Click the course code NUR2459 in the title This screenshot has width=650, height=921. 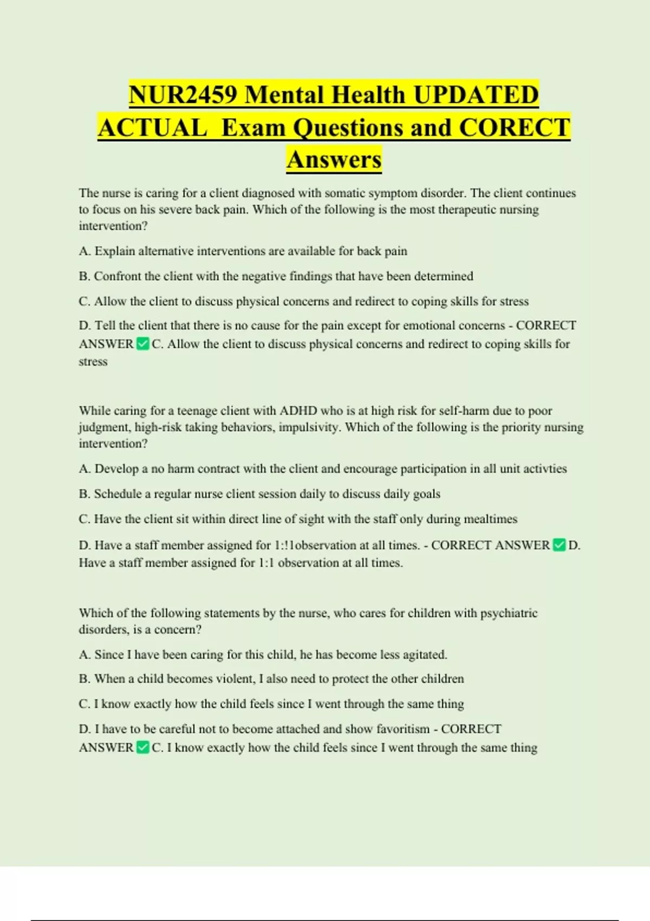click(183, 95)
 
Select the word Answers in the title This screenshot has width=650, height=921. click(334, 160)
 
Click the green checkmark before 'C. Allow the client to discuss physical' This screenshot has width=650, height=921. click(143, 344)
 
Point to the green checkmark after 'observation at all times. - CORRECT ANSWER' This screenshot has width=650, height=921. click(559, 545)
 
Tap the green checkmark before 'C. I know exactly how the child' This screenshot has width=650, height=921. click(143, 748)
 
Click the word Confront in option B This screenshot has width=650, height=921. click(117, 276)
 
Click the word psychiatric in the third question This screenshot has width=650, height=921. click(509, 613)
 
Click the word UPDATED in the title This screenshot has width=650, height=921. click(476, 95)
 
